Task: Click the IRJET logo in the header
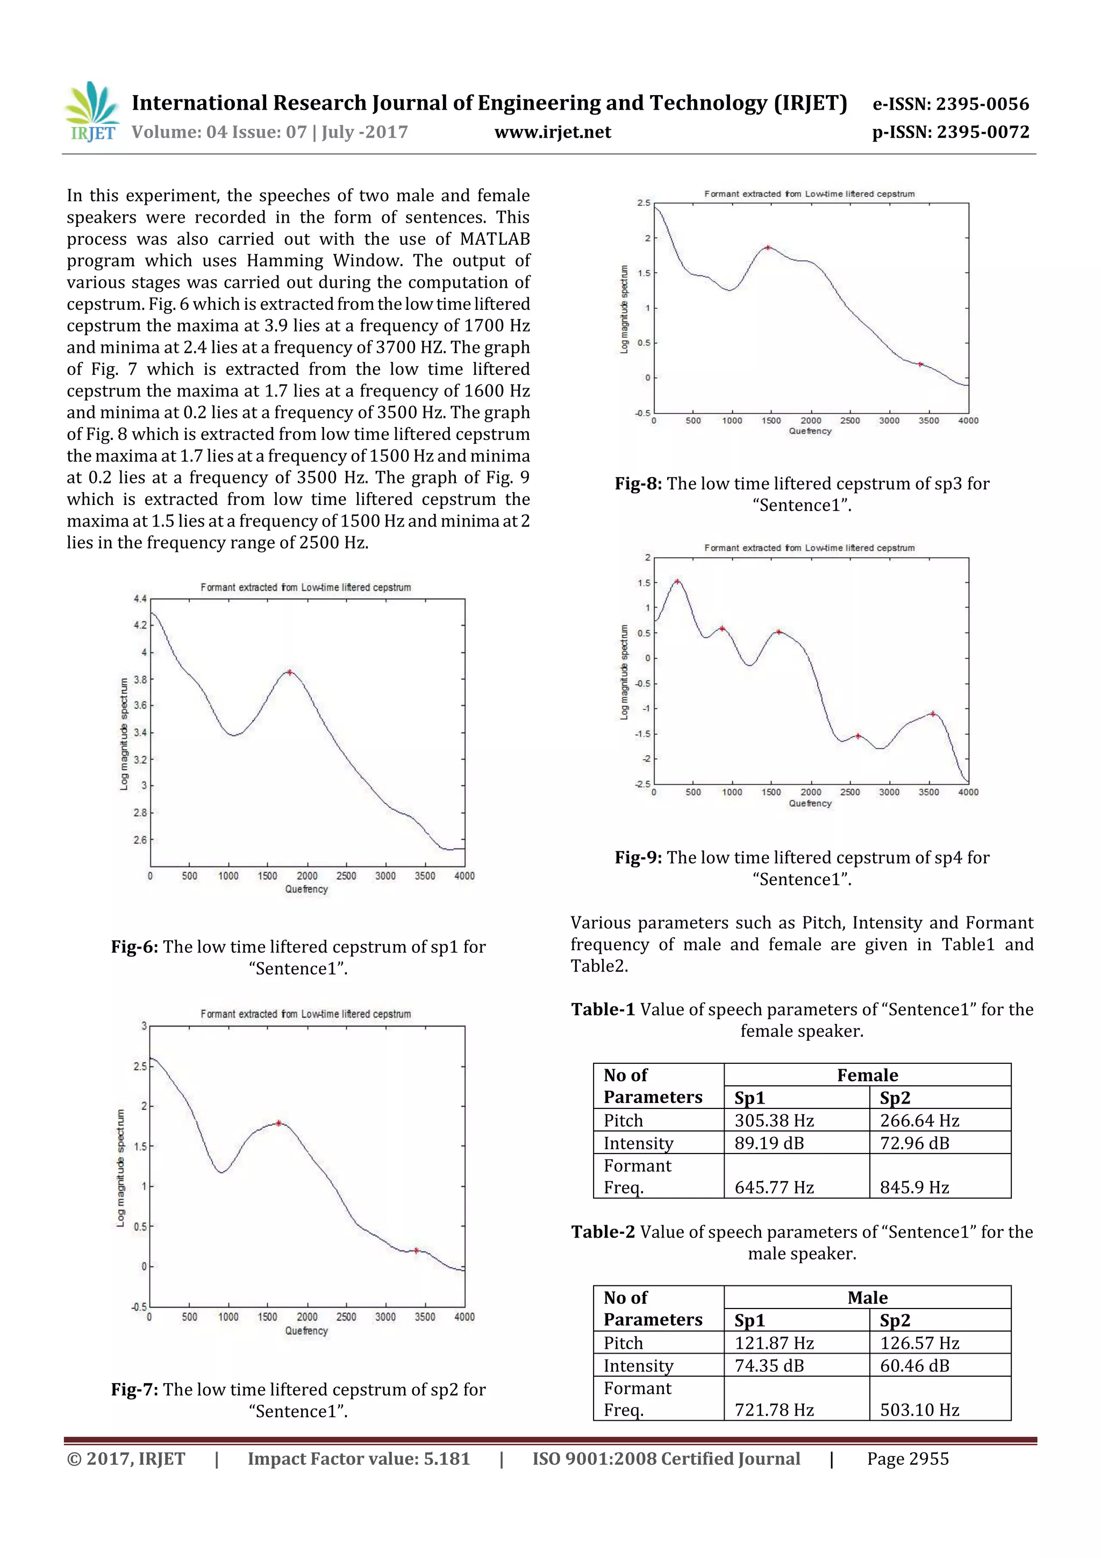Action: pos(91,112)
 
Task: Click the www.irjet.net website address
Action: pos(552,132)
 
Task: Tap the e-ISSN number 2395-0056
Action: pos(982,104)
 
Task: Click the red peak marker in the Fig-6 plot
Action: pos(290,672)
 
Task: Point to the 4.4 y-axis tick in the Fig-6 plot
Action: pos(140,599)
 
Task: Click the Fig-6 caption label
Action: pos(134,947)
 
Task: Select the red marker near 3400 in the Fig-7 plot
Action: pos(417,1250)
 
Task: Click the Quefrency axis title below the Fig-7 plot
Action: pos(306,1331)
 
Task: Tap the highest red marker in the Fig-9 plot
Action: pos(677,581)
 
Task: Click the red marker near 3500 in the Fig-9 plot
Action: pos(933,714)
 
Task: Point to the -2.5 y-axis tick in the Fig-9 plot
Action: pos(642,784)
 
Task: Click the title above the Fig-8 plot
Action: pos(809,194)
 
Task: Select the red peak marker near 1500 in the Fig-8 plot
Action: pos(768,248)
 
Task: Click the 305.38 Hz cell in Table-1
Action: pos(774,1120)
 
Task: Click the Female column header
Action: pos(867,1075)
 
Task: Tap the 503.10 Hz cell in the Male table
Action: pos(919,1410)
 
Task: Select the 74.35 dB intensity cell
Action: pos(769,1365)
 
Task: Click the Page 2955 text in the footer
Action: pos(907,1459)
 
